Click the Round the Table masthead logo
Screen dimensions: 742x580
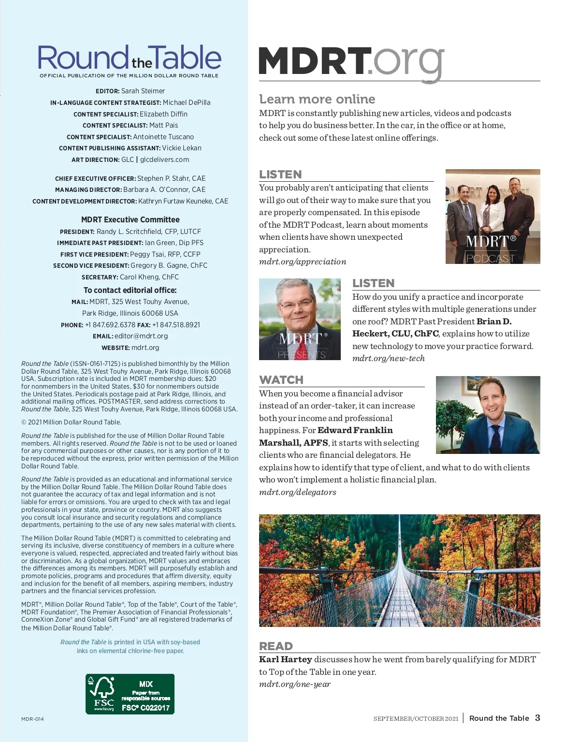130,58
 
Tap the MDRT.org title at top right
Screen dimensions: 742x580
351,61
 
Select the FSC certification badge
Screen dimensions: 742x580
130,694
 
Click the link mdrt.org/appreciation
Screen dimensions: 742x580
303,262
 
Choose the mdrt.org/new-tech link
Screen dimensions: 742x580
389,359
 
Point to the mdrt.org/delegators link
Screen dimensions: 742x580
298,493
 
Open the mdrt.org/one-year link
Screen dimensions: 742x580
295,684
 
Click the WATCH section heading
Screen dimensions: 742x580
281,380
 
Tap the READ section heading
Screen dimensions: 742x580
276,646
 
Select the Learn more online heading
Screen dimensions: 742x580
317,99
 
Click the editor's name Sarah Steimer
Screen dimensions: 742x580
143,91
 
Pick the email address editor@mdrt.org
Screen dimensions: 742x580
141,336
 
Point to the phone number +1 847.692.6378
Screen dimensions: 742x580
110,325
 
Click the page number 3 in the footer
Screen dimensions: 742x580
537,718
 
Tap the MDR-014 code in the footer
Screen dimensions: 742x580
32,719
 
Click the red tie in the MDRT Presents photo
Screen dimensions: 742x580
302,346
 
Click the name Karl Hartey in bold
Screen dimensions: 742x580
286,659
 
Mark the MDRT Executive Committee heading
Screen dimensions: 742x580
130,219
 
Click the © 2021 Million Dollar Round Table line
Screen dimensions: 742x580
71,422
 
